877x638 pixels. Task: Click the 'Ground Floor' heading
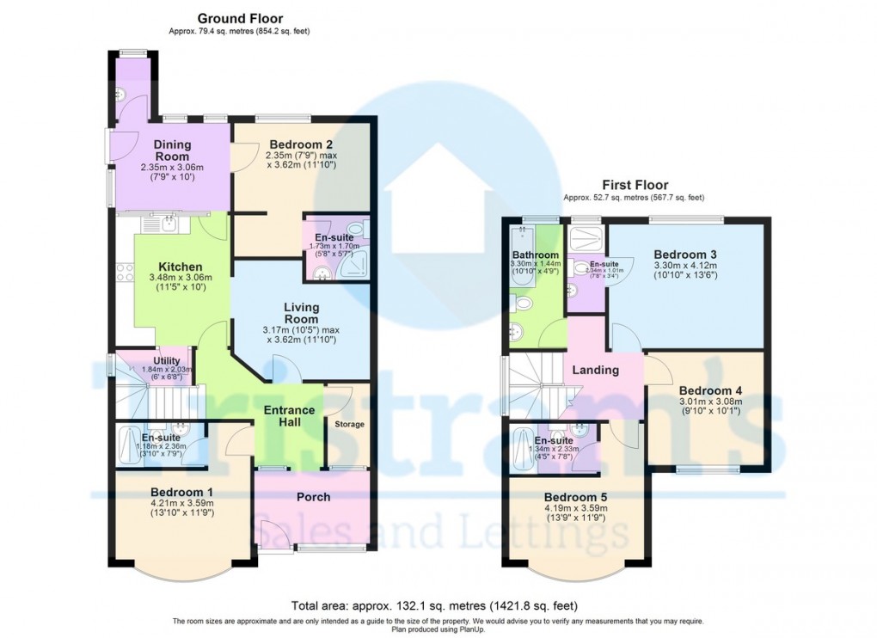click(240, 18)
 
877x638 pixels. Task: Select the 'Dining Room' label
click(172, 150)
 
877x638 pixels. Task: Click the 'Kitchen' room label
click(181, 267)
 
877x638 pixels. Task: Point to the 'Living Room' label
click(302, 313)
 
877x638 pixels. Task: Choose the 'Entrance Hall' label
click(290, 416)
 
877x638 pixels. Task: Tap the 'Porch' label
click(313, 497)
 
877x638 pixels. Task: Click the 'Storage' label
click(349, 424)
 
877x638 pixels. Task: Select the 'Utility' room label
click(167, 360)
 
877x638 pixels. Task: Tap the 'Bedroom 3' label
click(685, 255)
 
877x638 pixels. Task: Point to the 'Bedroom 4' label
click(709, 390)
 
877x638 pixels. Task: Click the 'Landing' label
click(596, 370)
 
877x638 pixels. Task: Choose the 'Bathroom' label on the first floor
click(536, 255)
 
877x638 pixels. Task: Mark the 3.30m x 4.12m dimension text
click(685, 267)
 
